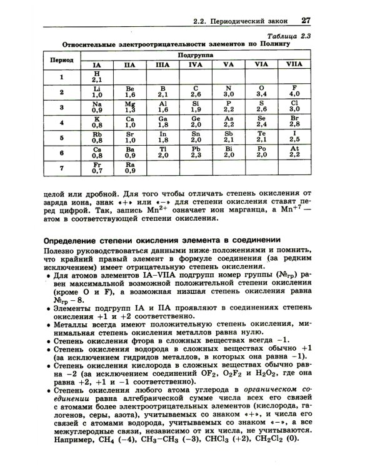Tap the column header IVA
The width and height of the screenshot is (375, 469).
(196, 64)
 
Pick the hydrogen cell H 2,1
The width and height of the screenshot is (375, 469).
(96, 77)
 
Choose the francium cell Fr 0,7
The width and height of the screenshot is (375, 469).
(96, 167)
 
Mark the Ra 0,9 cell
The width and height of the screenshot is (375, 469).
(130, 167)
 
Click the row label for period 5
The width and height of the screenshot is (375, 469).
(62, 137)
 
